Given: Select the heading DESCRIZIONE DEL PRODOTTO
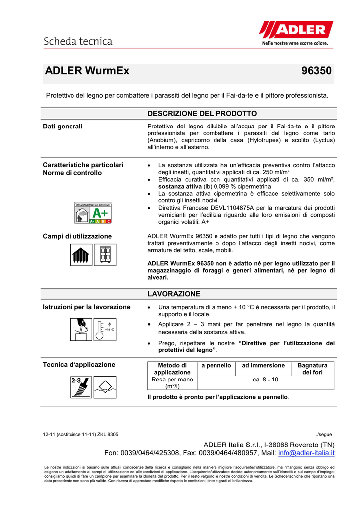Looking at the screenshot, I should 202,114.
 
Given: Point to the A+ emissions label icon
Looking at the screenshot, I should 93,213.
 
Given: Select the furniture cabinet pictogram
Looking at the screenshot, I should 105,255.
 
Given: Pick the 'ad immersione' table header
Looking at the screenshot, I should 263,365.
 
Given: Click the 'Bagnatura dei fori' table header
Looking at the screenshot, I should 313,369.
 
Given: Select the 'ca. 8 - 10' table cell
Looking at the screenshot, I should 265,380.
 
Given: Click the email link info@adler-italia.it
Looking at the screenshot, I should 306,453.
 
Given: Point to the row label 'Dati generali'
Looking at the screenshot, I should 63,127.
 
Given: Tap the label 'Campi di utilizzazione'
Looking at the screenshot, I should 77,236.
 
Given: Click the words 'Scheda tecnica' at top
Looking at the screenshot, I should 78,41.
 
